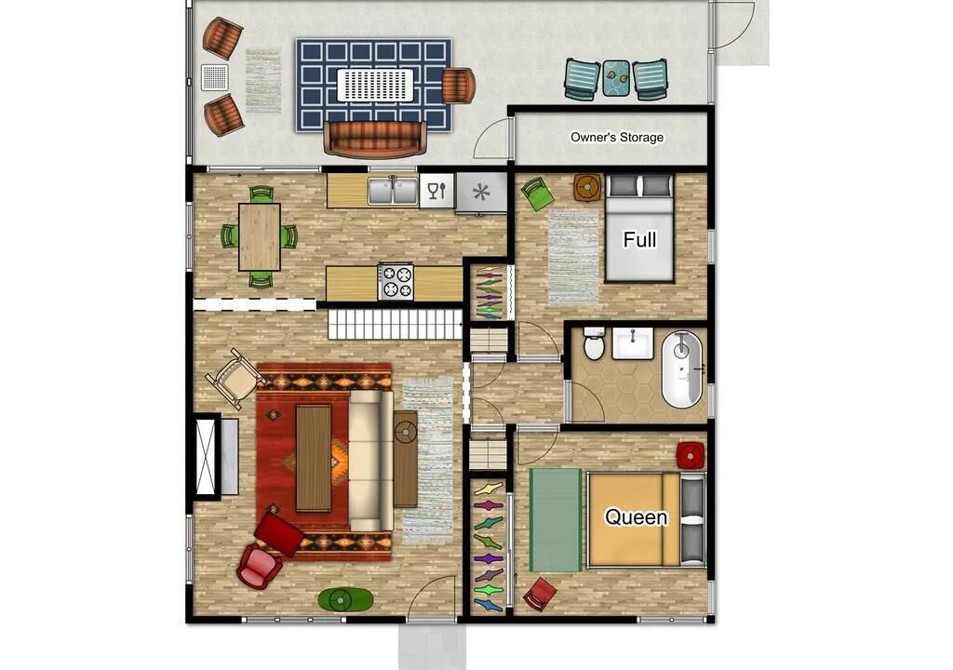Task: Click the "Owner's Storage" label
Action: coord(616,138)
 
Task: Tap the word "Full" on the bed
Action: coord(639,239)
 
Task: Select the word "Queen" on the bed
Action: coord(636,517)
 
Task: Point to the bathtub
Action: coord(682,368)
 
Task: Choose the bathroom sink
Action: coord(632,342)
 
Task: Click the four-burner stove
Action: coord(396,282)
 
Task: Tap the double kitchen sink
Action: coord(393,191)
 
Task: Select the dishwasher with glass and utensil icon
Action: coord(436,191)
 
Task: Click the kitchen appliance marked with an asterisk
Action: coord(481,193)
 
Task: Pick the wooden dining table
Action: coord(260,236)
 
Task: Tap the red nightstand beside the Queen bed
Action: coord(691,455)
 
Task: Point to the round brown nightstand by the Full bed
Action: coord(588,188)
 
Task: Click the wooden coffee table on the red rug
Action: coord(314,459)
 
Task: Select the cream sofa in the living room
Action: coord(370,461)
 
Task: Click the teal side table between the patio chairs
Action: coord(616,78)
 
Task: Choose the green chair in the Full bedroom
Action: coord(537,194)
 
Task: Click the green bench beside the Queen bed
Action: coord(556,520)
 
